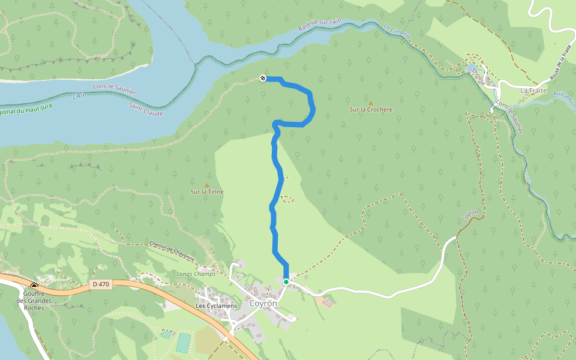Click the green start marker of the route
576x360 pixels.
click(286, 281)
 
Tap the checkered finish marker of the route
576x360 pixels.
click(263, 78)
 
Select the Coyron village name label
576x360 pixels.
click(263, 304)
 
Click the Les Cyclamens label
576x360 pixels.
click(217, 305)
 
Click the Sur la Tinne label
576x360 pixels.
click(207, 192)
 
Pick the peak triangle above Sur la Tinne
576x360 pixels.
click(207, 185)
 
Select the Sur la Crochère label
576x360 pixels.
click(371, 110)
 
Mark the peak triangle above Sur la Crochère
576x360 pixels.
click(370, 103)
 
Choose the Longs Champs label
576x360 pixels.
click(192, 274)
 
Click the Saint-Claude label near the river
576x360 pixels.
click(146, 109)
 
